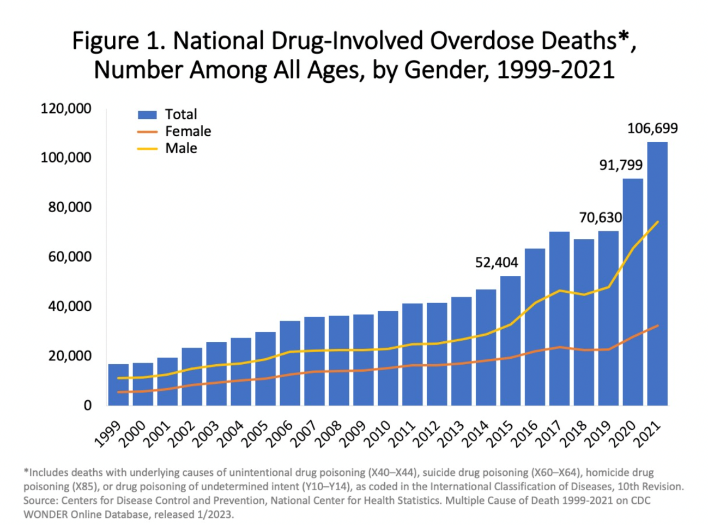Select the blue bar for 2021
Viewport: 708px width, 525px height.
657,274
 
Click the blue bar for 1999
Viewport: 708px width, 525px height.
118,385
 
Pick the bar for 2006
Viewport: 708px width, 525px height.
290,363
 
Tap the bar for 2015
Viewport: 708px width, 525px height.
510,341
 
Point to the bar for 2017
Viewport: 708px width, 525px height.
559,318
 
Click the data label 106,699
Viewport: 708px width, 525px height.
652,128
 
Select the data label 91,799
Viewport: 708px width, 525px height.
621,165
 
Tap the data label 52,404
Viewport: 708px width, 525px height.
497,263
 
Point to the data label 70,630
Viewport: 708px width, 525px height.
601,218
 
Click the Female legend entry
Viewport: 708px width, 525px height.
174,131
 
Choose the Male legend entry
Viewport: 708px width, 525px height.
167,148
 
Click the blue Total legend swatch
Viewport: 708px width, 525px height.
147,114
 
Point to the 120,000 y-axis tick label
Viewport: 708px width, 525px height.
66,109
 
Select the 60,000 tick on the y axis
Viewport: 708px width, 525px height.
70,257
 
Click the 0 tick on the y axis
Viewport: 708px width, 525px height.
87,406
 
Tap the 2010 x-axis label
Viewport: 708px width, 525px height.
380,434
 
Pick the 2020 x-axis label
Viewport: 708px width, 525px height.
625,434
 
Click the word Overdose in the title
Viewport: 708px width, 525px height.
481,41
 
